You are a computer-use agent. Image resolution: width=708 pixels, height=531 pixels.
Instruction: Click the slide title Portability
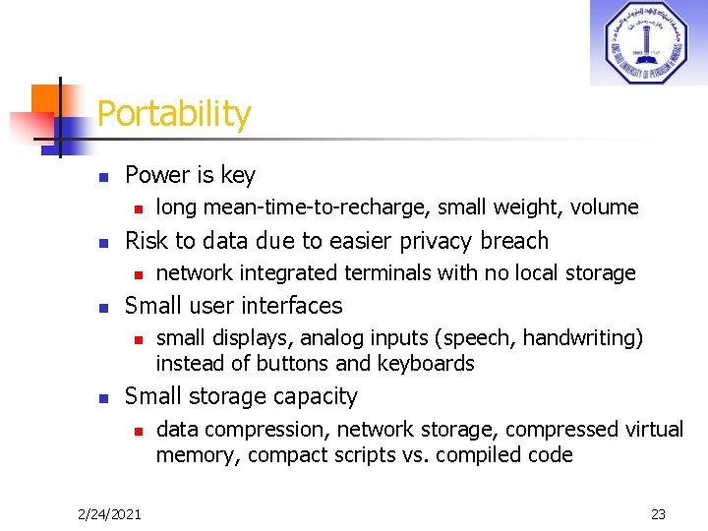tap(174, 114)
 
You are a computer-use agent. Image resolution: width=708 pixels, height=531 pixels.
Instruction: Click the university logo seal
tap(647, 43)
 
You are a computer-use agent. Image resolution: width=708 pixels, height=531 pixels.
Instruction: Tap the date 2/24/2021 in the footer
tap(109, 513)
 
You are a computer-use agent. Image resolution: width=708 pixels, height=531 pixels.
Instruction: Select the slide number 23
tap(658, 513)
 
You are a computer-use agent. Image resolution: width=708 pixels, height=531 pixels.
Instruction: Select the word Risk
tap(147, 241)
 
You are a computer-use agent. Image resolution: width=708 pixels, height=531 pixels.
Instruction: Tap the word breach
tap(514, 241)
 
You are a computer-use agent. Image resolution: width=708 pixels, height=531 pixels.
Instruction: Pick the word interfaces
tap(292, 306)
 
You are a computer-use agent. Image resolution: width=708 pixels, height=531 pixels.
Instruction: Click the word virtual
tap(654, 430)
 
